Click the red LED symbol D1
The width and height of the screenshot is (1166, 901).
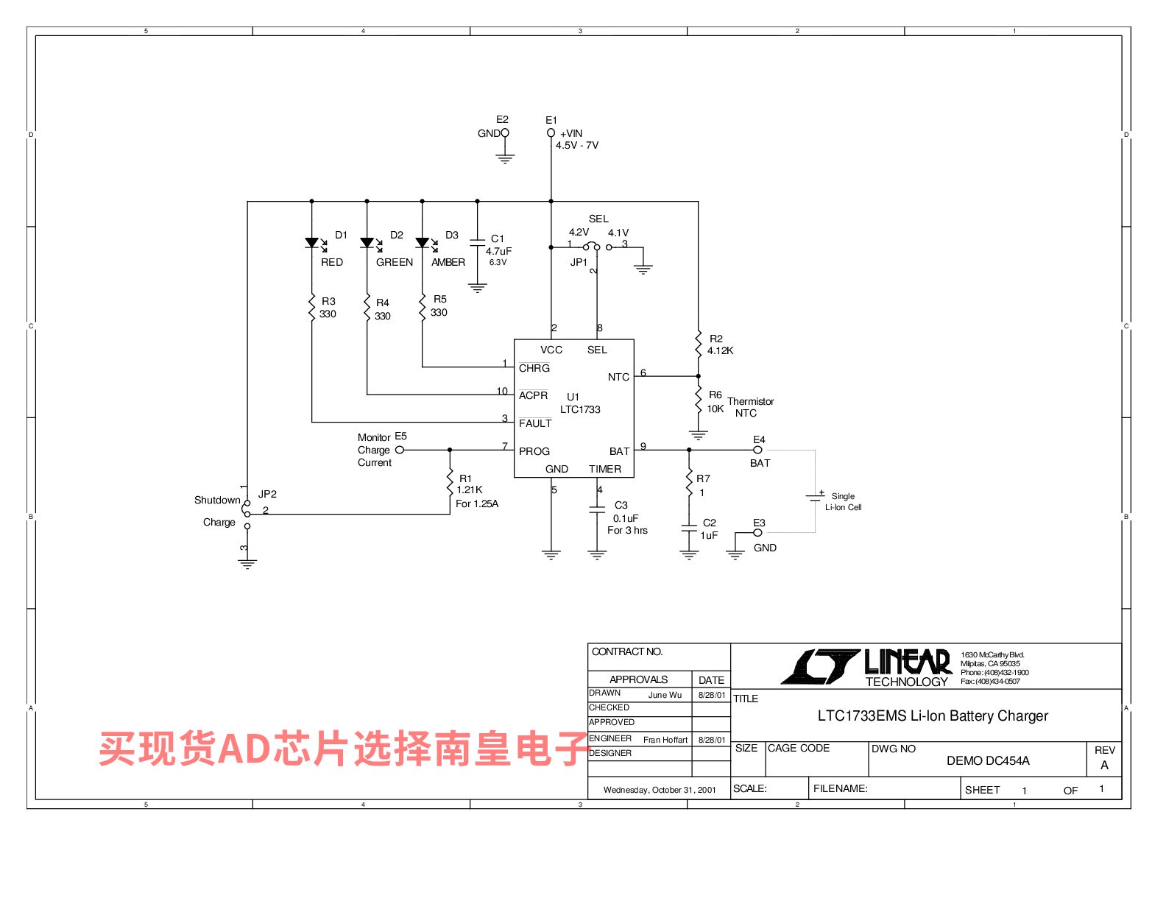coord(312,243)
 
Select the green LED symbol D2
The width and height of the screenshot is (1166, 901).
coord(367,243)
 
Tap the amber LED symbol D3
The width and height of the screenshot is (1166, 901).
coord(423,243)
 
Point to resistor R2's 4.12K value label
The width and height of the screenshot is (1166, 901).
coord(720,351)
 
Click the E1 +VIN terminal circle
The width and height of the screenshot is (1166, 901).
coord(551,133)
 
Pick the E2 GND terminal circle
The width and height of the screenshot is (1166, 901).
coord(505,133)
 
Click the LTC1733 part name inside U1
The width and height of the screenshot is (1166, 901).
coord(580,410)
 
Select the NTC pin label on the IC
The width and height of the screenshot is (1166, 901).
coord(618,378)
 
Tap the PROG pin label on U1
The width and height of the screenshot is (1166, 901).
coord(534,452)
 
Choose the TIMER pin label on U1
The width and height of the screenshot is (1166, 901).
coord(605,470)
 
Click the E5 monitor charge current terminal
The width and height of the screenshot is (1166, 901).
coord(400,450)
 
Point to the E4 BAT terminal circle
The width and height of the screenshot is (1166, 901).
coord(757,450)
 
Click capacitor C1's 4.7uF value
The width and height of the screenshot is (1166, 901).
coord(498,252)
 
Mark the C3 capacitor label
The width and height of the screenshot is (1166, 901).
coord(621,506)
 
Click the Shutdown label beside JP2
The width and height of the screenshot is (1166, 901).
coord(217,501)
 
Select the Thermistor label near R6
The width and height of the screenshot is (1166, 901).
coord(750,402)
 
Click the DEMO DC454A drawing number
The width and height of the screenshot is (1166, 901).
coord(988,761)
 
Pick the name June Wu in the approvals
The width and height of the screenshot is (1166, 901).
coord(665,696)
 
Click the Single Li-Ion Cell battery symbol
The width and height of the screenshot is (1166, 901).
coord(815,497)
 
